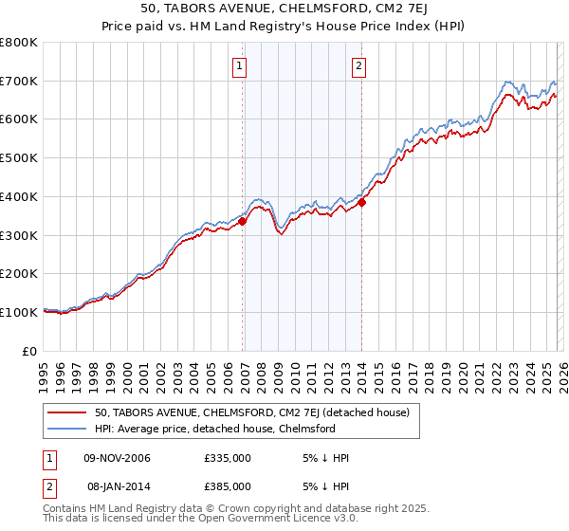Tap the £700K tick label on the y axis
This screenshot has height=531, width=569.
point(19,82)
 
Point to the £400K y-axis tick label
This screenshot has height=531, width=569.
point(19,197)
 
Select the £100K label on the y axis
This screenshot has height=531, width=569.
point(19,312)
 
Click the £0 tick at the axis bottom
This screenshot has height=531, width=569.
point(29,351)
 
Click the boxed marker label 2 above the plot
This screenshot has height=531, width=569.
point(359,65)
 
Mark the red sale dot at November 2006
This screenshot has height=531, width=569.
point(242,222)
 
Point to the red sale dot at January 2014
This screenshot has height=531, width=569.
point(361,202)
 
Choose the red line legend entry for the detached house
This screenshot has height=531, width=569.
point(251,412)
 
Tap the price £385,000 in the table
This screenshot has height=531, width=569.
point(227,485)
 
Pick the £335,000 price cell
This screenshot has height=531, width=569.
point(227,458)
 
